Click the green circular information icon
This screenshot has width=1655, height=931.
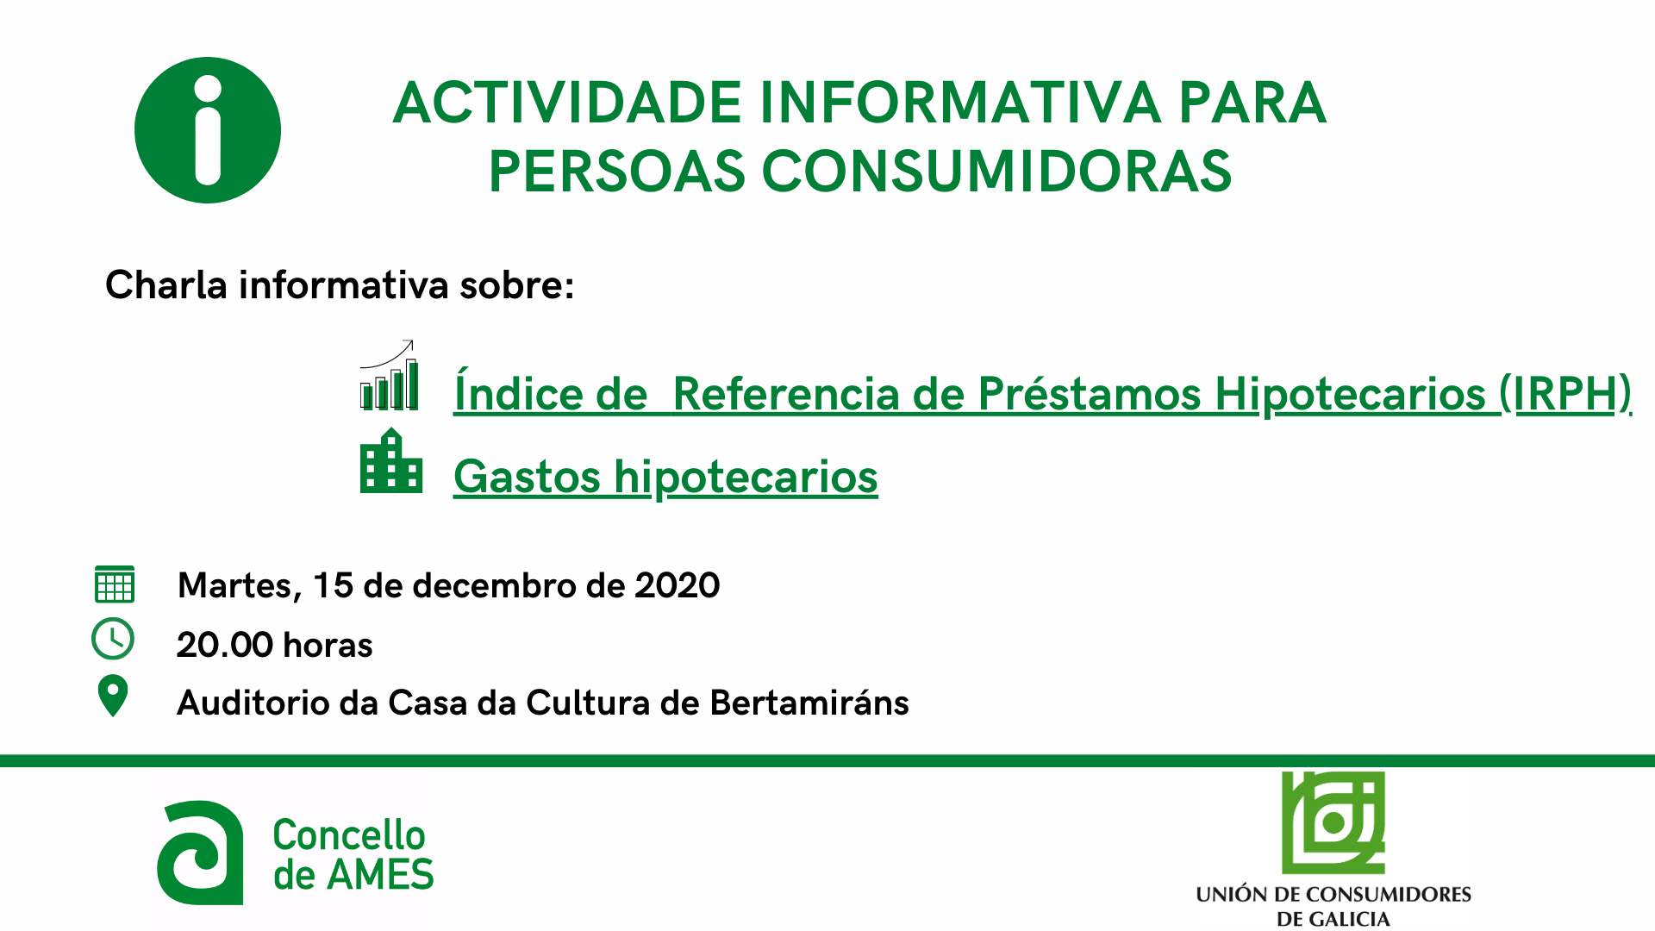(208, 130)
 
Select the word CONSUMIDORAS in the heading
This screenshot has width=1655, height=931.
(997, 171)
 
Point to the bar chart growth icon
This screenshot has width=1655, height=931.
(389, 375)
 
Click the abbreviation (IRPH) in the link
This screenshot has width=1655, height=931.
(1565, 394)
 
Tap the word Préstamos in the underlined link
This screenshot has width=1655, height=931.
(1090, 394)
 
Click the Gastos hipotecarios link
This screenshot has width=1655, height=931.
(665, 477)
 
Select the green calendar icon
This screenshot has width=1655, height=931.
(114, 584)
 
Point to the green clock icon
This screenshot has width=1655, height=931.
(113, 640)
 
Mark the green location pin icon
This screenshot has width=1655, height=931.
(113, 697)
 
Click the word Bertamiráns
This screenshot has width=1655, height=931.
(809, 703)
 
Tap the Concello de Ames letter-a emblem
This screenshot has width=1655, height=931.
(200, 853)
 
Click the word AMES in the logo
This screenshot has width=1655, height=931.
(380, 875)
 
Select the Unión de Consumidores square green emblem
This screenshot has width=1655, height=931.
(1333, 823)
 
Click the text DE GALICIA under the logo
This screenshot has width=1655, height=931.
(1333, 919)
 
